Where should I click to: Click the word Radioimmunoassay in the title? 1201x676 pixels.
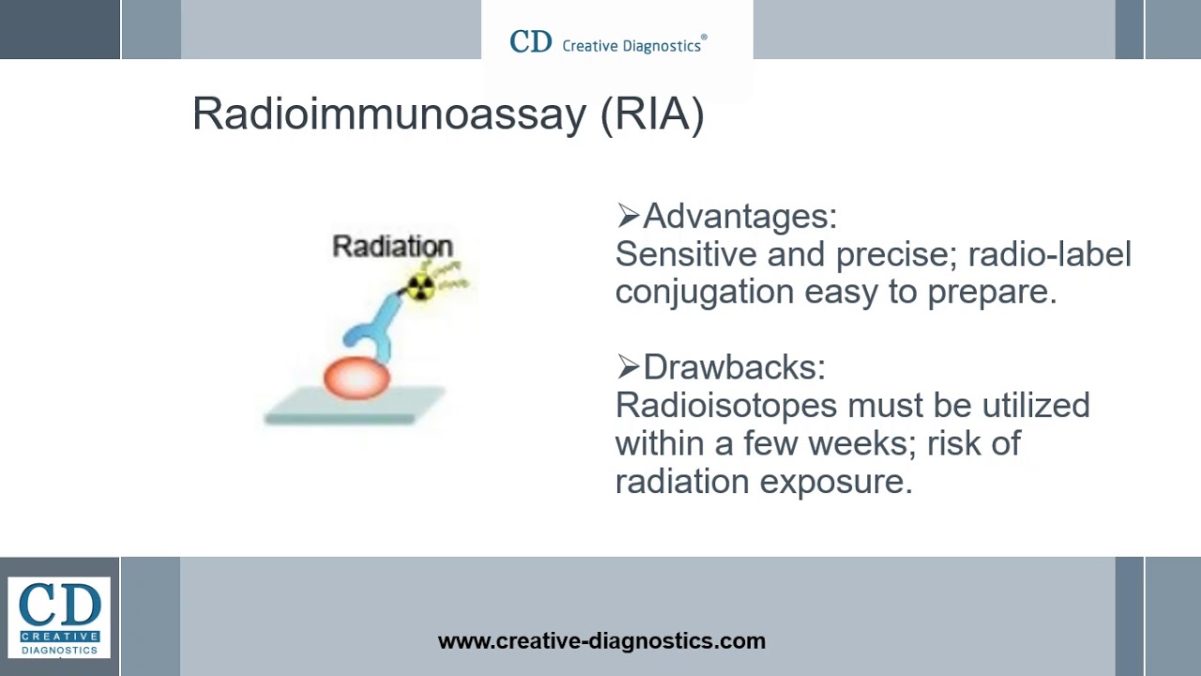click(388, 115)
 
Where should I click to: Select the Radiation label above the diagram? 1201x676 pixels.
click(392, 247)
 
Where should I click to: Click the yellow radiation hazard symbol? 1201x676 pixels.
click(420, 286)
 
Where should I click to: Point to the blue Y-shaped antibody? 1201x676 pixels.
click(371, 329)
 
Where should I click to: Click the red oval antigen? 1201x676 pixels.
click(357, 377)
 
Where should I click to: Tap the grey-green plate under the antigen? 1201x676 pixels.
click(354, 407)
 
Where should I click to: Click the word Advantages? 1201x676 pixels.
click(738, 217)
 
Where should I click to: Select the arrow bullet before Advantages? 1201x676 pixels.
click(627, 217)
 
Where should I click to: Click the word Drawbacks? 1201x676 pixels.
click(733, 367)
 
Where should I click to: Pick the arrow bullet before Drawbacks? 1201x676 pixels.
click(627, 367)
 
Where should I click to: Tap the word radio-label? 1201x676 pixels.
click(1049, 254)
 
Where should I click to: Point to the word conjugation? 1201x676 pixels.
click(704, 292)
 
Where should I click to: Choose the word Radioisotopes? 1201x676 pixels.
click(725, 406)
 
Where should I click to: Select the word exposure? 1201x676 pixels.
click(835, 482)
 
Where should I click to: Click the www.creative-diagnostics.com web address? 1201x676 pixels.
click(601, 641)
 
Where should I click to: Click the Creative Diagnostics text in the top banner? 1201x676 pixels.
click(631, 45)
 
